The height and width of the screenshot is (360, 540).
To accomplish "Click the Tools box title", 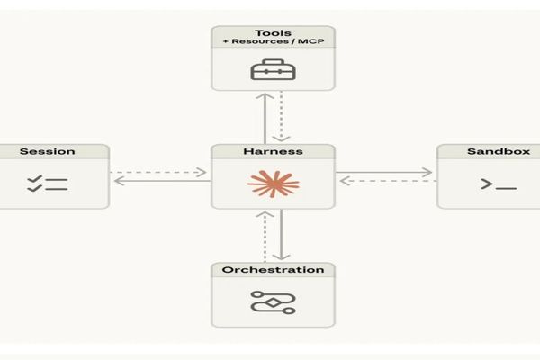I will [x=273, y=33].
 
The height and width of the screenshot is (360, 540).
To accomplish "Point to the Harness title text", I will [x=273, y=151].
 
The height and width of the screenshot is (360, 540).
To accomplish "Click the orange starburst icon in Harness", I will [x=273, y=184].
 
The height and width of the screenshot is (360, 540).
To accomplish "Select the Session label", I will [x=47, y=151].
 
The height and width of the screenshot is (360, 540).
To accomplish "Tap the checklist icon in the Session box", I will [x=47, y=184].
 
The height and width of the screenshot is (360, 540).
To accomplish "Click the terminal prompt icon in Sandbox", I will [x=498, y=184].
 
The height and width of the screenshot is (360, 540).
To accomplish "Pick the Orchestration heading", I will [x=273, y=270].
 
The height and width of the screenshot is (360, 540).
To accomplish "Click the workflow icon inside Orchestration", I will [x=273, y=302].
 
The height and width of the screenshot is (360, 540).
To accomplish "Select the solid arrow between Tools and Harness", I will [x=265, y=117].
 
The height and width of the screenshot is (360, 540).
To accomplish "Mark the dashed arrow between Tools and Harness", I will [x=282, y=117].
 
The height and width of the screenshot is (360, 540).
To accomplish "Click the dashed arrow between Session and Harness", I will [x=160, y=172].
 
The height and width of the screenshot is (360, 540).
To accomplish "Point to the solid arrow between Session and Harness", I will [x=160, y=181].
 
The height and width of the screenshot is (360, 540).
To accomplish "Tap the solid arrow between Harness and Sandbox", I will [x=386, y=172].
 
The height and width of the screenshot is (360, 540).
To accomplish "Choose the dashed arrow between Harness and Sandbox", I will [x=386, y=181].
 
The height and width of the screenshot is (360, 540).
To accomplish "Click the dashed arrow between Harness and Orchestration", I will [x=265, y=236].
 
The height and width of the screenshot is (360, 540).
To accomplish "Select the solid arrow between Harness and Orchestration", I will [x=282, y=236].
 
